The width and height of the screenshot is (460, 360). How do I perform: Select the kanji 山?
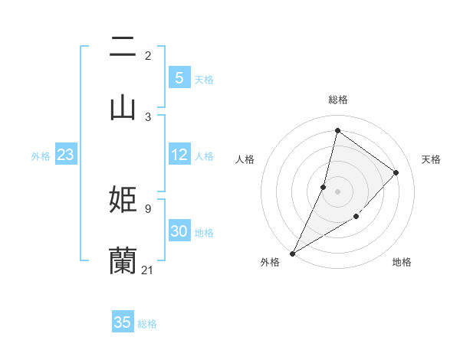(x=123, y=107)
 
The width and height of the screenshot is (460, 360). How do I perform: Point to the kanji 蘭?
(x=123, y=260)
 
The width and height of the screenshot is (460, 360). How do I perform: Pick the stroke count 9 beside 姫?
(x=147, y=208)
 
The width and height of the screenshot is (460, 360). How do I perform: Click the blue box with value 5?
(x=179, y=78)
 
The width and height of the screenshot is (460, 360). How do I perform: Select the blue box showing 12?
(x=179, y=155)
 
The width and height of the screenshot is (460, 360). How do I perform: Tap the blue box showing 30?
(x=179, y=232)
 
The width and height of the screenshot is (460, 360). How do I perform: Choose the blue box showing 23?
(x=65, y=155)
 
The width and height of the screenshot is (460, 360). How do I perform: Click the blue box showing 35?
(x=122, y=322)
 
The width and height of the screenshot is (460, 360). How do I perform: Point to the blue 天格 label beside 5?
(x=204, y=80)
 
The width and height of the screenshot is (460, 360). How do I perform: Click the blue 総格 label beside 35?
(x=147, y=324)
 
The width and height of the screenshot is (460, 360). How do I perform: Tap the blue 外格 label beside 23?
(x=41, y=156)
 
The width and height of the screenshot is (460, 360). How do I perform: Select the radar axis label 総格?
(x=337, y=100)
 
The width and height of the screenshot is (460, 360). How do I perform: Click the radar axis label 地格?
(x=402, y=263)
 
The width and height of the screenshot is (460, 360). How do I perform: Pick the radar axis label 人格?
(x=245, y=159)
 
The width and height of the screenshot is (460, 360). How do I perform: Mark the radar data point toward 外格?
(x=292, y=254)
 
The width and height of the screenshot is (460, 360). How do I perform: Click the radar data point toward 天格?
(x=396, y=172)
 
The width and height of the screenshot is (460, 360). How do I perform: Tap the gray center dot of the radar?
(x=337, y=191)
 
